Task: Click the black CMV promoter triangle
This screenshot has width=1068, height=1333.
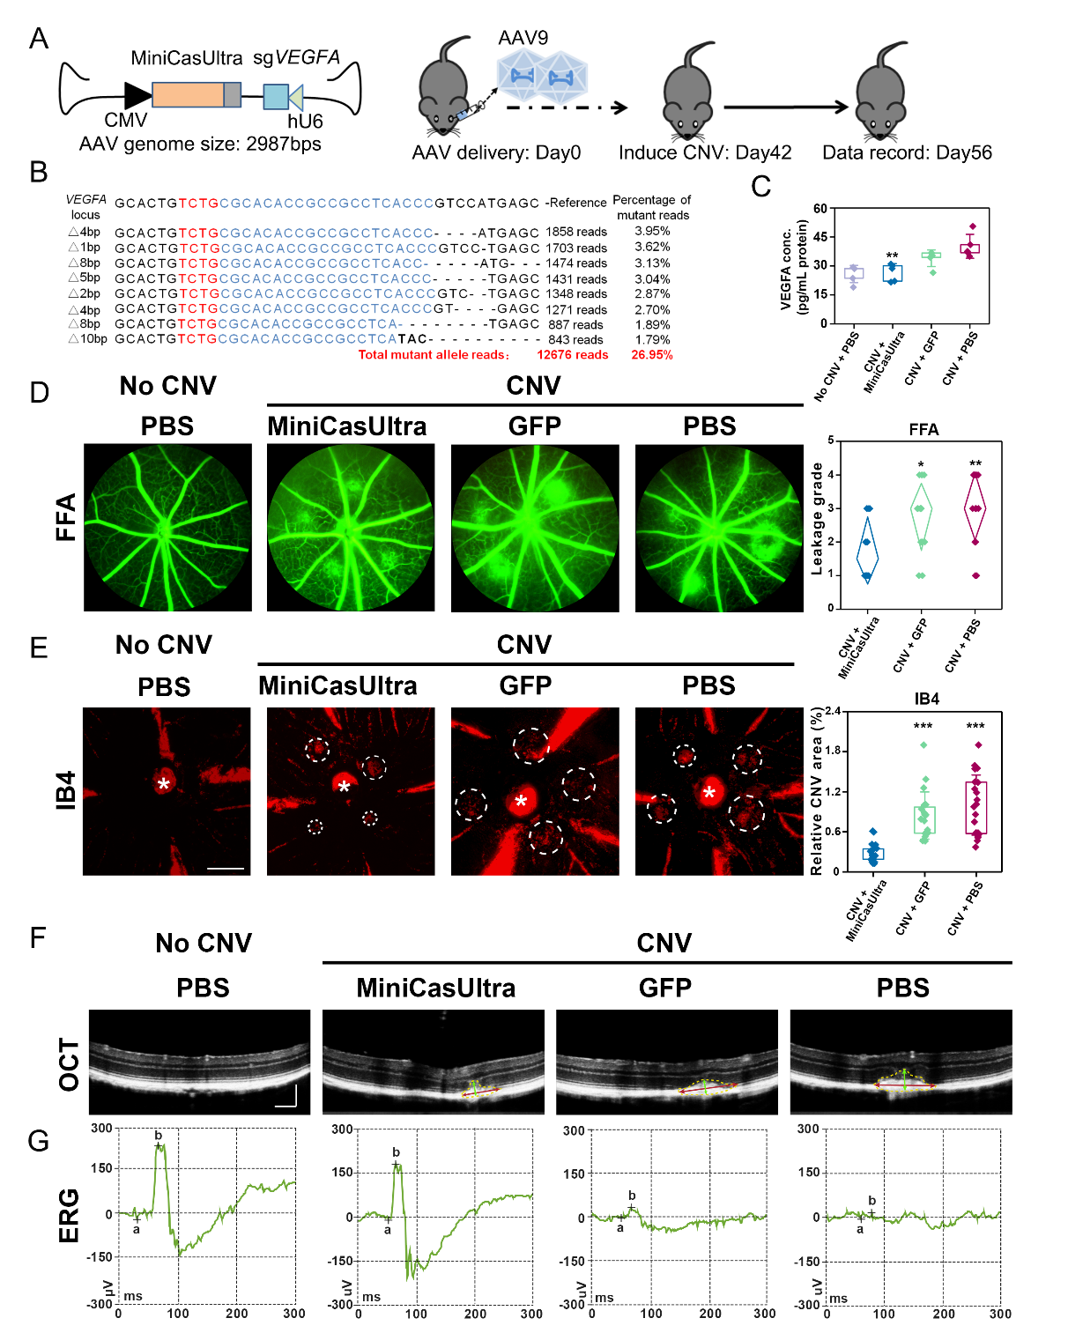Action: [137, 95]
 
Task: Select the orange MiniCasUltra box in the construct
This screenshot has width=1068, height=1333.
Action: [187, 95]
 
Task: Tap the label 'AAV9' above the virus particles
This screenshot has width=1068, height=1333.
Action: [523, 38]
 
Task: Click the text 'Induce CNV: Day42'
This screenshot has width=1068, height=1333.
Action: [705, 152]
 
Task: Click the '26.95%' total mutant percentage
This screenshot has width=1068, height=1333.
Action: [651, 355]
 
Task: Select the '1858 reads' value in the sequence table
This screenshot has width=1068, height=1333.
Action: [576, 232]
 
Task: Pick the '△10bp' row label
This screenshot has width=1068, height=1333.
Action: [88, 339]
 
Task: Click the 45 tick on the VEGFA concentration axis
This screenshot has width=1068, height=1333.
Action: [820, 237]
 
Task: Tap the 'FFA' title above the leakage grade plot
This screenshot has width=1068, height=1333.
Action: [923, 429]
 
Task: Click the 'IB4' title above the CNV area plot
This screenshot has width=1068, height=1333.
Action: [926, 699]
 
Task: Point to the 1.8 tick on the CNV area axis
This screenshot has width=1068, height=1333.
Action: [831, 751]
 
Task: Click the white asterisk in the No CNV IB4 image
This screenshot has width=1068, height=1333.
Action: [163, 783]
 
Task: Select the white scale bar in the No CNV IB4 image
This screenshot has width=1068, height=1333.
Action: [226, 868]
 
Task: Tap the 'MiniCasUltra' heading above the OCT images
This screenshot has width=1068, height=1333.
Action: [435, 988]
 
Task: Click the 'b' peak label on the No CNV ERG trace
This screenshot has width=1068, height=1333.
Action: [159, 1136]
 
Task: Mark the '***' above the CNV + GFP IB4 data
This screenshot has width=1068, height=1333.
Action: [923, 727]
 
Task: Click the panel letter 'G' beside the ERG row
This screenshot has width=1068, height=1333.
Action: [38, 1141]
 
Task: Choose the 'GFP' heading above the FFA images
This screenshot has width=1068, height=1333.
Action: [534, 426]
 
